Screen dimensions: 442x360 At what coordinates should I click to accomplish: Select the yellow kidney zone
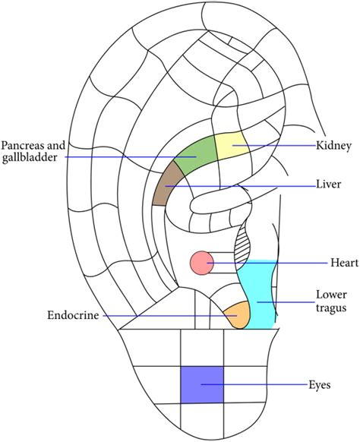click(229, 144)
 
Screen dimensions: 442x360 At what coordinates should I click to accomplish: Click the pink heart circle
click(201, 263)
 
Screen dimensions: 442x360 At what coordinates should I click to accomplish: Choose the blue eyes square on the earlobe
click(201, 384)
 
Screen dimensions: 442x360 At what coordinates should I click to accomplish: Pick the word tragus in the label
click(332, 308)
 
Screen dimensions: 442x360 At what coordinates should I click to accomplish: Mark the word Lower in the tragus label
click(331, 295)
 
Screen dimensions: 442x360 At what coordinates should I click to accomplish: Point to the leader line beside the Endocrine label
click(152, 315)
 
